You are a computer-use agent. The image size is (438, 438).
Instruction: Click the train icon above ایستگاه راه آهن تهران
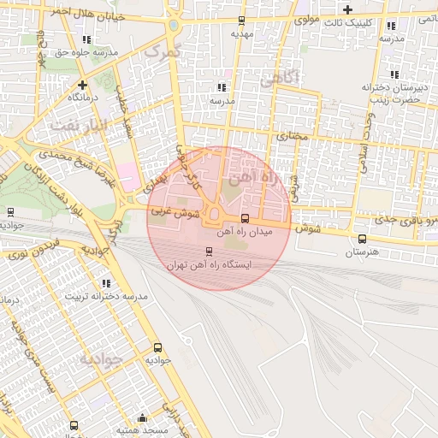coord(209,251)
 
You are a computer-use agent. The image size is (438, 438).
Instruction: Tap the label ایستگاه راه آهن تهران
coord(210,265)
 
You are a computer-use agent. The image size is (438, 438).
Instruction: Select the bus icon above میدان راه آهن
coord(246,218)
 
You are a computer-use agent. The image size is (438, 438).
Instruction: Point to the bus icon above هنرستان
coord(362,239)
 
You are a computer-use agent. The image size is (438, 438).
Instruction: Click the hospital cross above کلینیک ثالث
coord(347,9)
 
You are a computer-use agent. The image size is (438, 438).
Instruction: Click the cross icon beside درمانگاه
coord(82,85)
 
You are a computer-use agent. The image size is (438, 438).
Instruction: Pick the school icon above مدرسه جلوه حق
coord(87,38)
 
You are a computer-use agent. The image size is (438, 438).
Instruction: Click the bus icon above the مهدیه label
coord(241,21)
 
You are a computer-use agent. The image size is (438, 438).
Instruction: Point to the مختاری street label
coord(289,136)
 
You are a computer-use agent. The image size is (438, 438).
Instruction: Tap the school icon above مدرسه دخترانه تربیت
coord(106,282)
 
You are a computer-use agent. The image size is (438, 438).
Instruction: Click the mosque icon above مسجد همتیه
coord(142,418)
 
